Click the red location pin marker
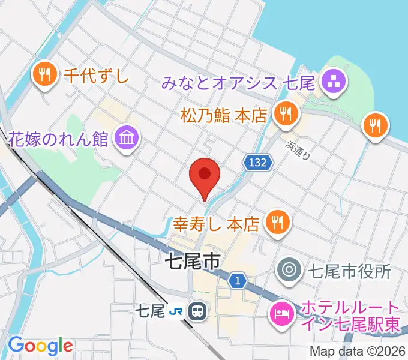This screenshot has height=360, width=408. [205, 176]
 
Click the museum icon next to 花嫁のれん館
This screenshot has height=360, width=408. [128, 138]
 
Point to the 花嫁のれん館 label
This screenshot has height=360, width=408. [58, 139]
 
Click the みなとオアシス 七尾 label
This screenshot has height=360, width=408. [238, 83]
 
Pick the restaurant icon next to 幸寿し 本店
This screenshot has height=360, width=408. [277, 222]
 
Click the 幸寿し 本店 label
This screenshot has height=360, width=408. [216, 224]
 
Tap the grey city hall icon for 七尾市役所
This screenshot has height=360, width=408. [290, 271]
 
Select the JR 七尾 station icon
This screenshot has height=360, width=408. [196, 311]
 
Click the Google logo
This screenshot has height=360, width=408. [40, 346]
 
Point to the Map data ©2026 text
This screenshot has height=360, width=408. [358, 351]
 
